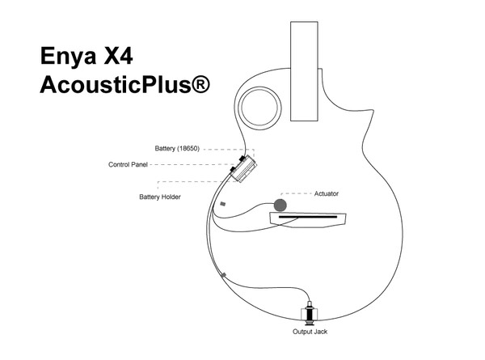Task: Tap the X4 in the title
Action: (x=119, y=56)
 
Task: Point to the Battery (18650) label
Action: (x=177, y=149)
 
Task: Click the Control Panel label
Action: (x=128, y=164)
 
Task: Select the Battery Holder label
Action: (x=160, y=197)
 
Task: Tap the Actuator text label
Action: (x=327, y=194)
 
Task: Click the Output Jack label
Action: (x=310, y=332)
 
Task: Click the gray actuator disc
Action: (x=280, y=205)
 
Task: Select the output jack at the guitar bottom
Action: (x=310, y=313)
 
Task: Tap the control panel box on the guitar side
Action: (x=244, y=169)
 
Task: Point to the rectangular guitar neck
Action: (x=304, y=71)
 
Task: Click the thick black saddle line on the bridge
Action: (x=308, y=217)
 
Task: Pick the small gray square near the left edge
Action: (x=223, y=204)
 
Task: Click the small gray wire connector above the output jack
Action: (x=224, y=275)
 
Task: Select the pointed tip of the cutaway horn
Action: (x=373, y=111)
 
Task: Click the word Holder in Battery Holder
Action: (x=171, y=197)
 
